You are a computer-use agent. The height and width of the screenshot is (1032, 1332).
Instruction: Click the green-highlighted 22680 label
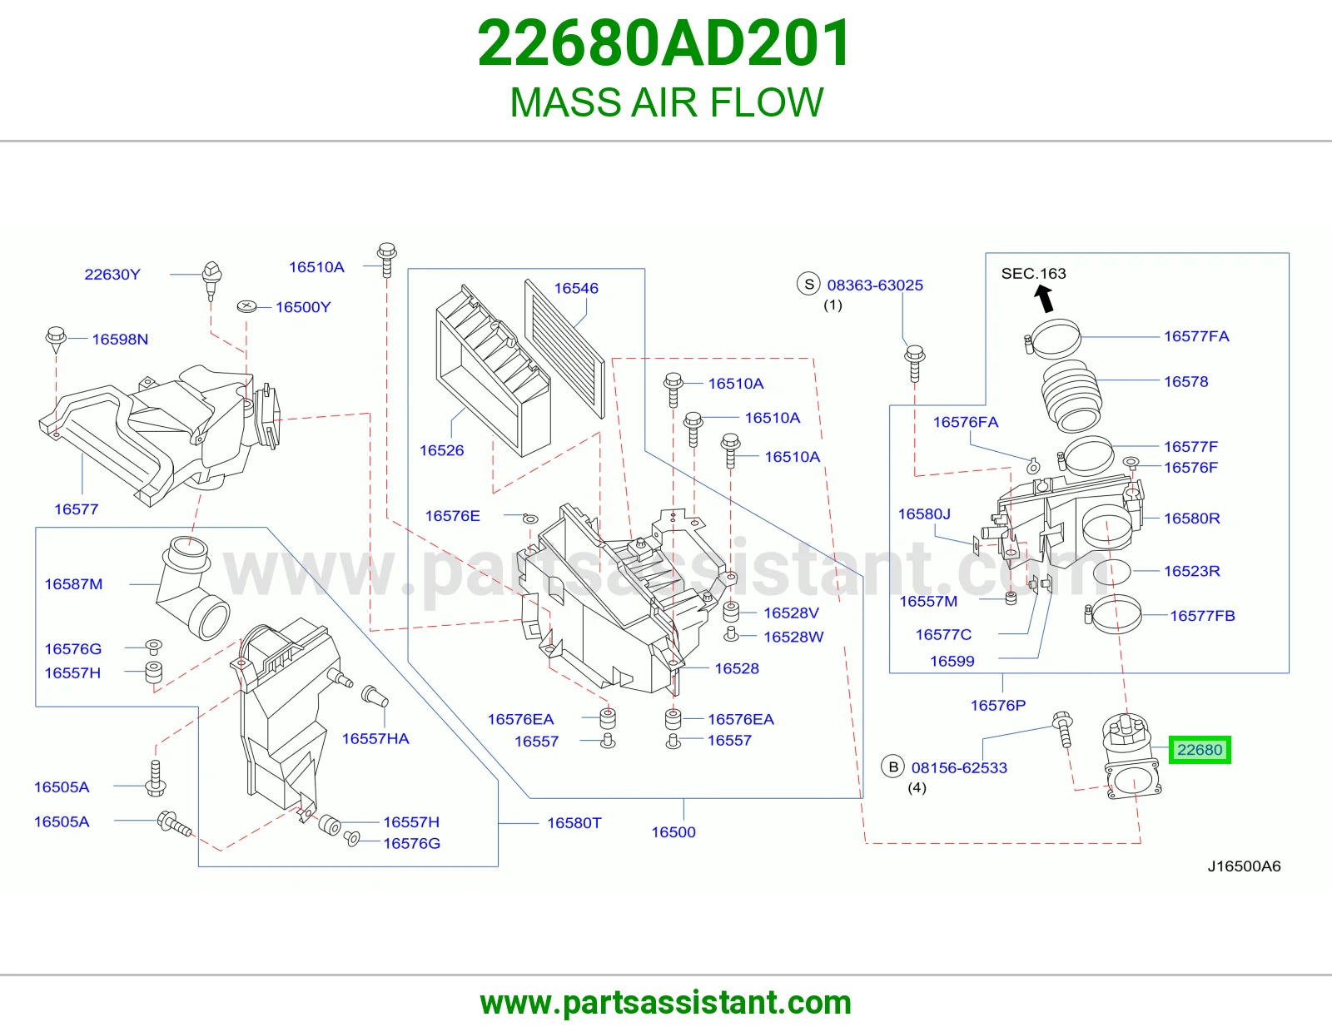coord(1200,750)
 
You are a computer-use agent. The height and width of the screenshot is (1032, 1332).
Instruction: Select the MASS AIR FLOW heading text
coord(666,102)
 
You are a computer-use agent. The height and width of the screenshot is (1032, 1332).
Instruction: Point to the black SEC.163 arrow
coord(1043,299)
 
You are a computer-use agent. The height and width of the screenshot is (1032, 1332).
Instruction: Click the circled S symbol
coord(808,285)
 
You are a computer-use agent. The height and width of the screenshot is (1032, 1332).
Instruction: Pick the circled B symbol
coord(893,767)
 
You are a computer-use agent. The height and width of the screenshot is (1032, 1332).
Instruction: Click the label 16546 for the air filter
coord(576,288)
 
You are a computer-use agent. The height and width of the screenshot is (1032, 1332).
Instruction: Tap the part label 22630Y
coord(112,274)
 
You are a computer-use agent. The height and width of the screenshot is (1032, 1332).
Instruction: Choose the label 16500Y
coord(303,307)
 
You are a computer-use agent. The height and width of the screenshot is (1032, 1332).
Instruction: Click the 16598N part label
coord(120,339)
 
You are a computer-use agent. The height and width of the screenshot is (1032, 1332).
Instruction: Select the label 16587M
coord(73,584)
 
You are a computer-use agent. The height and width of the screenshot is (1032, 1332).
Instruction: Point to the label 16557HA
coord(375,738)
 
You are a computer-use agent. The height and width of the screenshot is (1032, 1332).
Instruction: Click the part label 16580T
coord(574,822)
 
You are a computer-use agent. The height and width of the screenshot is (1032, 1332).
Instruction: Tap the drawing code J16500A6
coord(1244,866)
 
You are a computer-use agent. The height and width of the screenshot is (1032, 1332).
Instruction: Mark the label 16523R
coord(1191,571)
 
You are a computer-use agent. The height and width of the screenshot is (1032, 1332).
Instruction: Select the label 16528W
coord(793,637)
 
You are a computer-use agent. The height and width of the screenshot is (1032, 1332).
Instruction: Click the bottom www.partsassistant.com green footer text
coord(666,1003)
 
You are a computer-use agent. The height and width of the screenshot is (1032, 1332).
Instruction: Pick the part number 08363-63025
coord(875,285)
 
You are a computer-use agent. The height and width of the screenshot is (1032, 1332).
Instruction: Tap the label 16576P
coord(997,706)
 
